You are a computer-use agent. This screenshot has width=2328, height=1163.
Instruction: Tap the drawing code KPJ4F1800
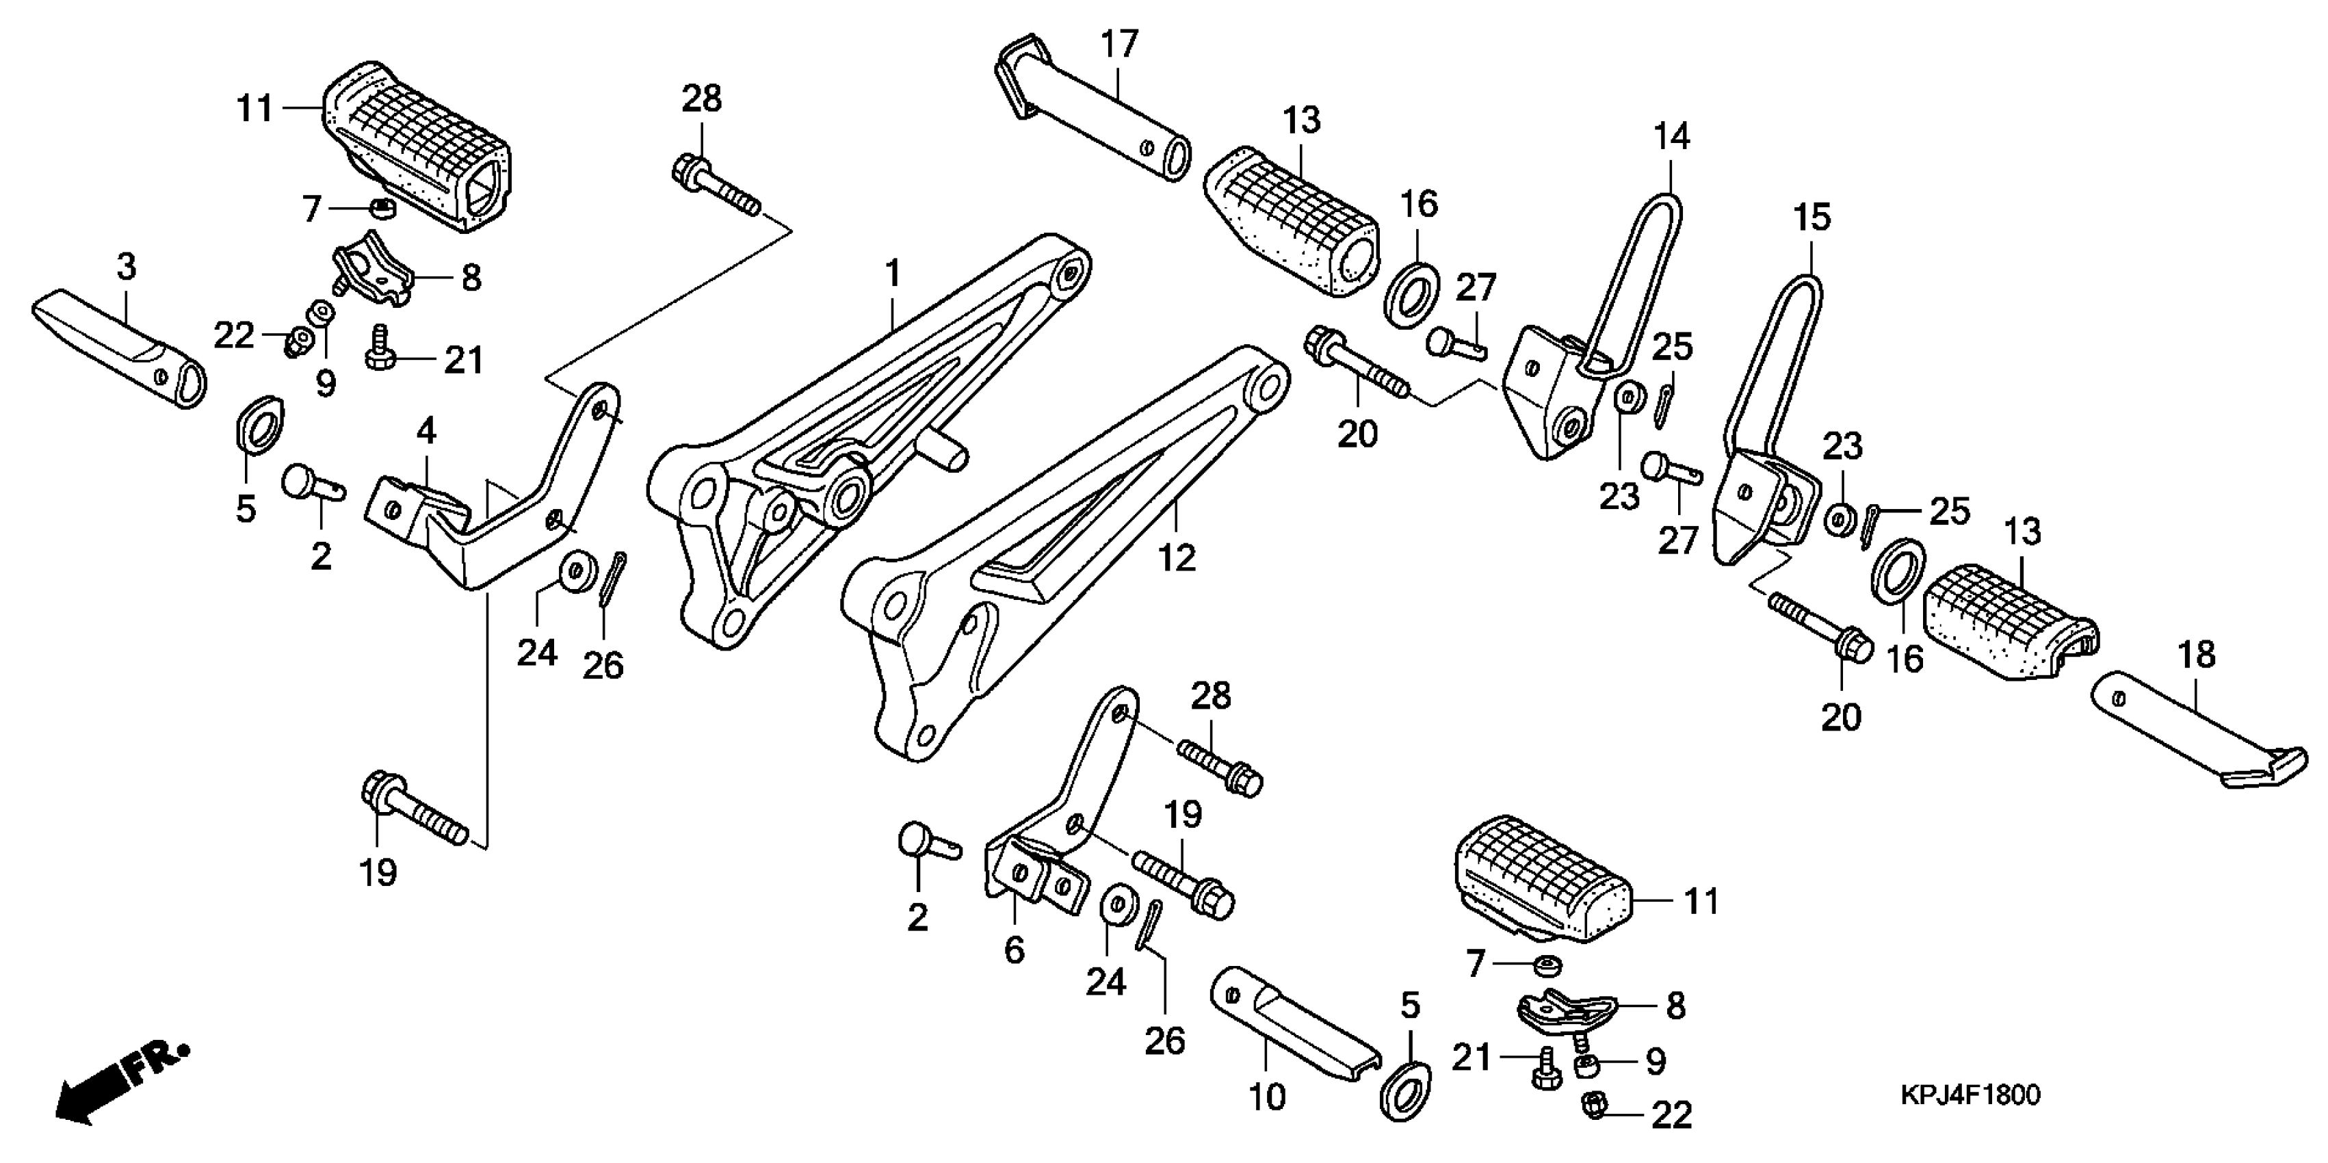coord(1970,1095)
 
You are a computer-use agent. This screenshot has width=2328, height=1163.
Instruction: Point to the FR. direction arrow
coord(122,1085)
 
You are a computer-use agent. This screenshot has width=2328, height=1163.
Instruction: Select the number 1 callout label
coord(892,273)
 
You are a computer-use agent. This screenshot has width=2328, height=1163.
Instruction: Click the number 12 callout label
coord(1176,558)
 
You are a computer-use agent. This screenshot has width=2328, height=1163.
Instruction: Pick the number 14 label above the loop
coord(1671,138)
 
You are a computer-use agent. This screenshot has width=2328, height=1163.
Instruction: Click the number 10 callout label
coord(1267,1097)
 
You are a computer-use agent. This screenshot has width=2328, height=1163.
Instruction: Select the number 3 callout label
coord(127,267)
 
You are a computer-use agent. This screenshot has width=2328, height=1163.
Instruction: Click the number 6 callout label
coord(1014,951)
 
